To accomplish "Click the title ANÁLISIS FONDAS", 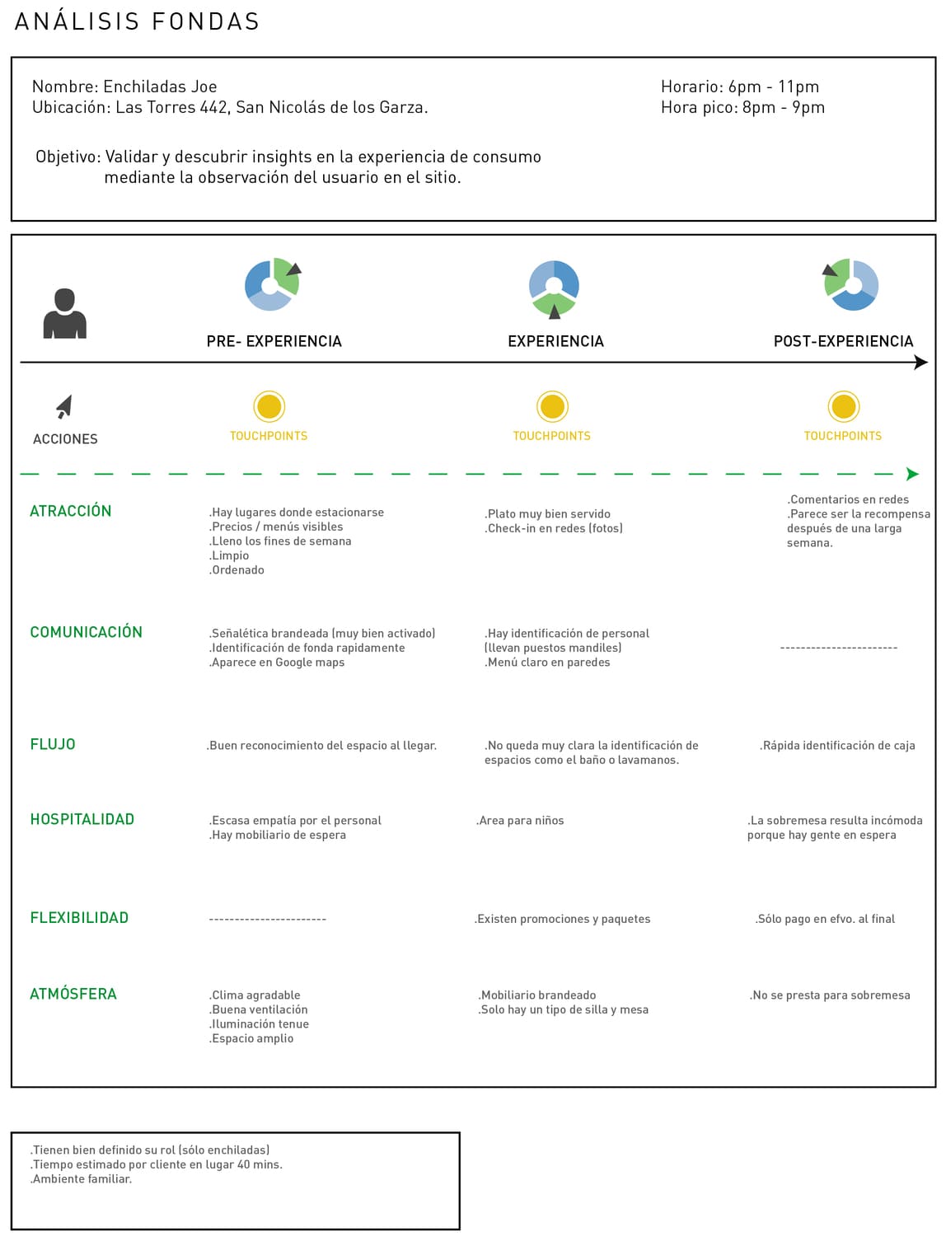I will (x=137, y=21).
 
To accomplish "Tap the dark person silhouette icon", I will (x=64, y=314).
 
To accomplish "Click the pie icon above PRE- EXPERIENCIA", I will (x=272, y=285).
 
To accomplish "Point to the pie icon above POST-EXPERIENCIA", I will (x=852, y=285).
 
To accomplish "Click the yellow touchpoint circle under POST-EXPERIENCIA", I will (x=843, y=406).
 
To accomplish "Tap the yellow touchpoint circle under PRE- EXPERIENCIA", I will (x=269, y=406).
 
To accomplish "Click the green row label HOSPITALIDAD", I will (x=82, y=819).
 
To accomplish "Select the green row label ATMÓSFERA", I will (x=73, y=994).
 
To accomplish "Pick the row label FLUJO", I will (x=53, y=744).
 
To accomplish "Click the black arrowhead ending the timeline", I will (x=921, y=363).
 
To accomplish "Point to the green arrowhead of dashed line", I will (x=911, y=474).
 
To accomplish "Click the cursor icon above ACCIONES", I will (x=64, y=406).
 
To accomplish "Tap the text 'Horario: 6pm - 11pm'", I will (x=740, y=87).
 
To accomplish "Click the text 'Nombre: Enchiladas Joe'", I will (x=124, y=87).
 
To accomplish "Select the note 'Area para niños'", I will (x=520, y=821).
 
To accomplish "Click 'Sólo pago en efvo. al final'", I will (x=825, y=919).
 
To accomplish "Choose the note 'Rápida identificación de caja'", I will (x=837, y=746).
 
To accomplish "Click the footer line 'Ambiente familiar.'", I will (x=81, y=1179).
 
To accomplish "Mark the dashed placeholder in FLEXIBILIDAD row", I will (x=268, y=919).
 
